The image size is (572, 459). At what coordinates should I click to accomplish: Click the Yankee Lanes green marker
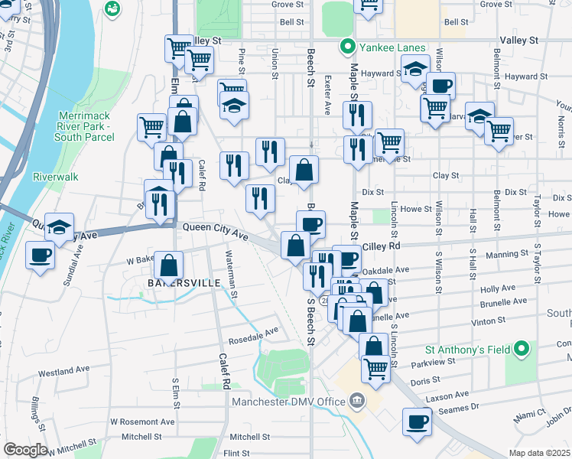pyautogui.click(x=348, y=47)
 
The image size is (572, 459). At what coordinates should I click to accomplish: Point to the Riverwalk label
pyautogui.click(x=56, y=177)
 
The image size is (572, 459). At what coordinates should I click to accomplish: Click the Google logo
pyautogui.click(x=25, y=450)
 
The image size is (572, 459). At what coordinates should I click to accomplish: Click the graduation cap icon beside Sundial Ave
pyautogui.click(x=59, y=226)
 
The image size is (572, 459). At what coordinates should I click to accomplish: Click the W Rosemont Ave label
pyautogui.click(x=142, y=422)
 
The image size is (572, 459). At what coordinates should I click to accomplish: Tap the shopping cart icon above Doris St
pyautogui.click(x=375, y=369)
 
